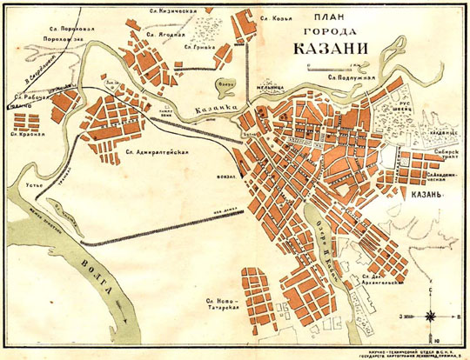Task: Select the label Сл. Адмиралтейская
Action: (x=157, y=152)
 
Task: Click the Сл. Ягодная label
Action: (x=165, y=36)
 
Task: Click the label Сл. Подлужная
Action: (x=350, y=77)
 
